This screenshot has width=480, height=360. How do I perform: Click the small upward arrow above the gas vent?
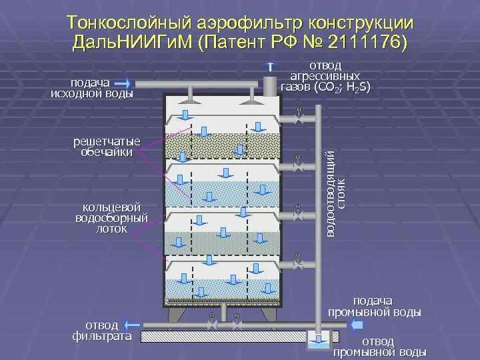(x=269, y=66)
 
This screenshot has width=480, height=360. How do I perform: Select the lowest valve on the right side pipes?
(x=299, y=264)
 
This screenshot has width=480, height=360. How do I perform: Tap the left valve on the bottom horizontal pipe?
(x=212, y=325)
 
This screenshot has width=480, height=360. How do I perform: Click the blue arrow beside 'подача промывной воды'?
(x=356, y=325)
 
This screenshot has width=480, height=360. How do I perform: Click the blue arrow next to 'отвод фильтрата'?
(x=133, y=325)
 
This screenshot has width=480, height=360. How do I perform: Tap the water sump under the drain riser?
(x=317, y=341)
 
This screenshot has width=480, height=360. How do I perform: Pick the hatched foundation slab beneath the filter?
(x=240, y=337)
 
